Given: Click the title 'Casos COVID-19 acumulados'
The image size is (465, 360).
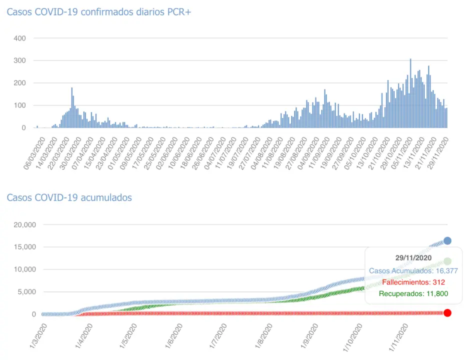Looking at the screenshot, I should [69, 197].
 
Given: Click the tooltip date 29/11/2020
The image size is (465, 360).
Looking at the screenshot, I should [413, 258].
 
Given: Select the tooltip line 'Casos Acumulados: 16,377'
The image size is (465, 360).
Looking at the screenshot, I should [413, 271].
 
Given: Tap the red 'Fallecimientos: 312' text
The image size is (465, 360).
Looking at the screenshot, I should [413, 282].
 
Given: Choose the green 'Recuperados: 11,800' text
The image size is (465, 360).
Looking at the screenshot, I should [413, 293].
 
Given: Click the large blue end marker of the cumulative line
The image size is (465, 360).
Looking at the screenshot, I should [447, 241].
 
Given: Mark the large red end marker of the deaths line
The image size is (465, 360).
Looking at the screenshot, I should [447, 313].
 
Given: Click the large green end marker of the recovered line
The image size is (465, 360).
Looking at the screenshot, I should [447, 261].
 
